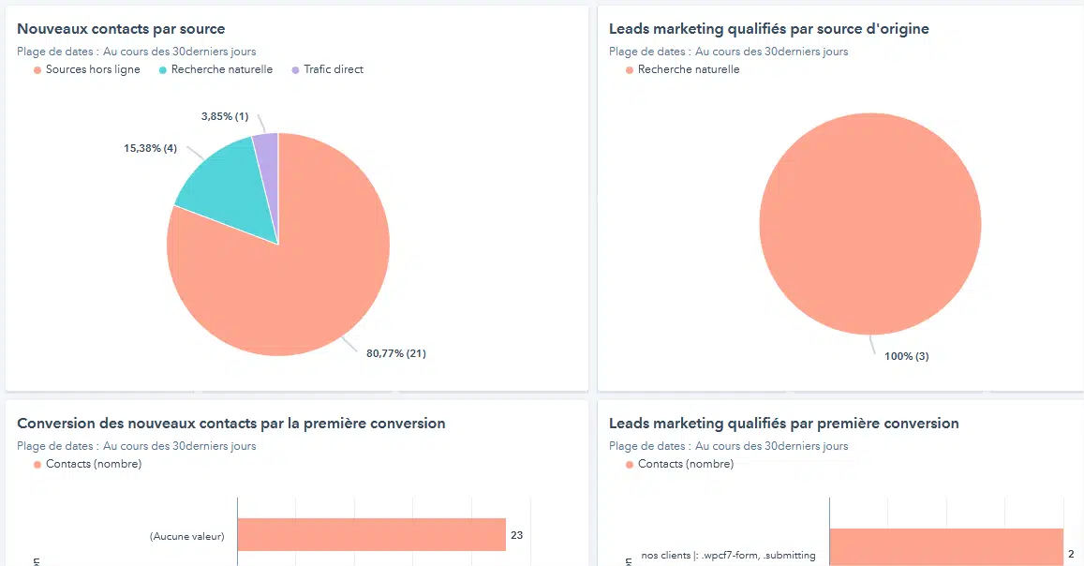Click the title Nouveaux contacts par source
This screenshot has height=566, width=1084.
pos(121,29)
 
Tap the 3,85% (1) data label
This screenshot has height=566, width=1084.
pos(225,117)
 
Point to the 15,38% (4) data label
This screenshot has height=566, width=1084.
pos(150,149)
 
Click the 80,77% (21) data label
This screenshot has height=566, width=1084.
pos(395,353)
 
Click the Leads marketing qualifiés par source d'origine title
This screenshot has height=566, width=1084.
pos(768,29)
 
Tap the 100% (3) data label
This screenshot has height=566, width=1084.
pos(906,356)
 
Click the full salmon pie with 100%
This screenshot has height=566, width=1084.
pos(869,225)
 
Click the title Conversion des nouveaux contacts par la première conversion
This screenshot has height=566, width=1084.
pos(230,424)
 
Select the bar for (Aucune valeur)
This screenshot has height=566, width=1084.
pos(371,535)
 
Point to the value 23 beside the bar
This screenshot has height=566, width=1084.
pos(517,536)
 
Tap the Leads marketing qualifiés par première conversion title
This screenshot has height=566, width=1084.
pos(783,424)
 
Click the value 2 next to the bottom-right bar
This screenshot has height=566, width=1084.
pos(1071,555)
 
